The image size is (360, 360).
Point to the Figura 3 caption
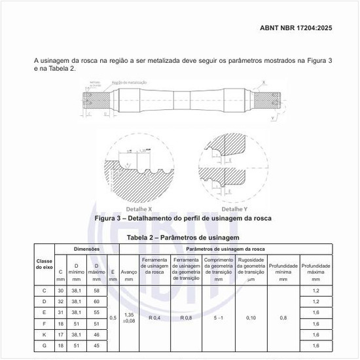(x=183, y=218)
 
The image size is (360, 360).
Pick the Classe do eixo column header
(x=44, y=264)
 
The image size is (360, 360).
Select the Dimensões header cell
(x=86, y=249)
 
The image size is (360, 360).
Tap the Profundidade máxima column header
(x=316, y=271)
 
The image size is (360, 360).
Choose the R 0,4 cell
(x=154, y=317)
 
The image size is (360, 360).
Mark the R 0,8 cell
(x=187, y=317)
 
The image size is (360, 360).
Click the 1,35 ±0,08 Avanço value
(x=129, y=317)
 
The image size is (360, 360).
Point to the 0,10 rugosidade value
(x=251, y=317)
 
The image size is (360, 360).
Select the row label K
(x=44, y=334)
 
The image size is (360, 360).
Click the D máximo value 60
(x=96, y=300)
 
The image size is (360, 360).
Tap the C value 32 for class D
(x=61, y=300)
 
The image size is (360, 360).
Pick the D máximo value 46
(x=96, y=334)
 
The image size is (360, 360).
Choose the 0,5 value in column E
(x=113, y=317)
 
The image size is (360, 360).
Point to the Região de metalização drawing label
(x=129, y=82)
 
